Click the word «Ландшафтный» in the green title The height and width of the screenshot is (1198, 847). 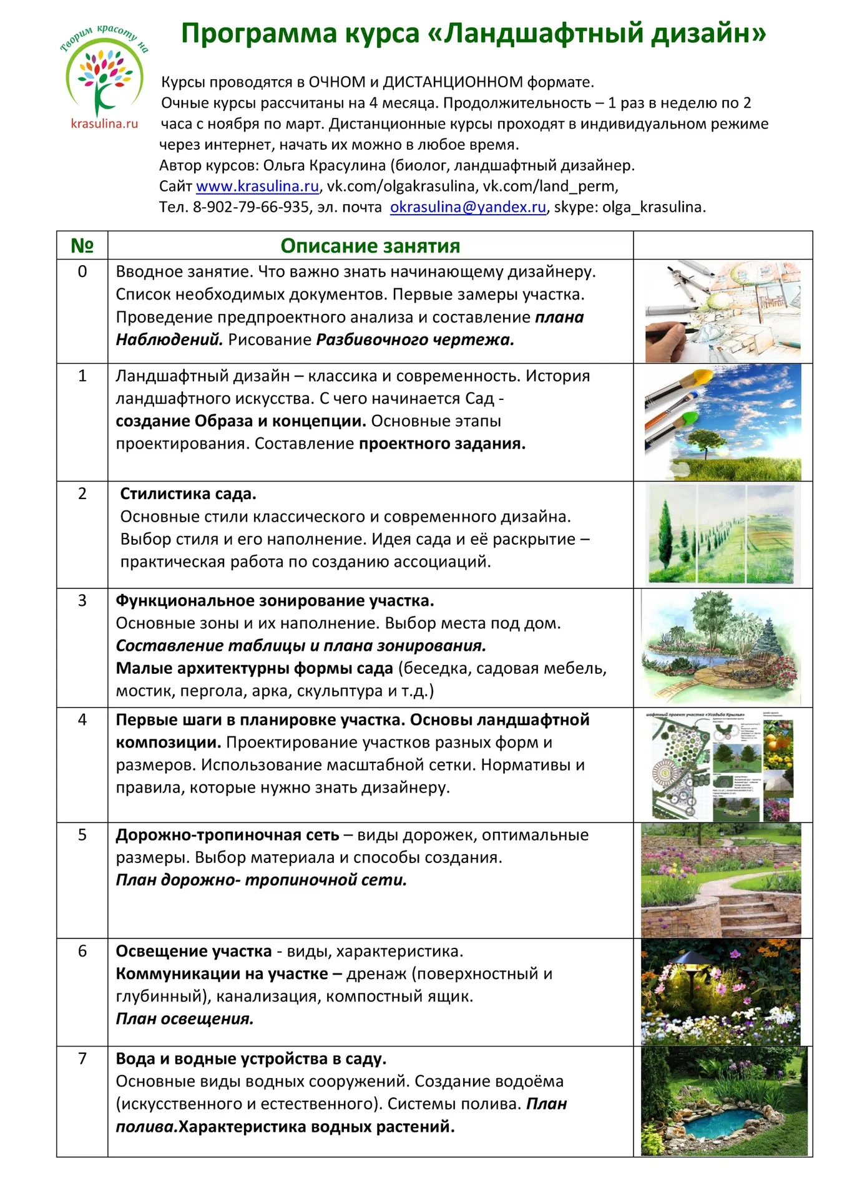tap(542, 34)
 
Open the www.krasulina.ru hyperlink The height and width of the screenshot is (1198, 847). tap(257, 186)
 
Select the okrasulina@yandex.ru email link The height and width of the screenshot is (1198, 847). tap(468, 207)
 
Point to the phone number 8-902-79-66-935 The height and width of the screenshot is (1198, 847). tap(251, 207)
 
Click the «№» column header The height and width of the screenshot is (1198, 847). tap(82, 245)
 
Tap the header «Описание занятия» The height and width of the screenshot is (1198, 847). tap(370, 246)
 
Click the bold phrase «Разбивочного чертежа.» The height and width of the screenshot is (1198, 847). tap(415, 340)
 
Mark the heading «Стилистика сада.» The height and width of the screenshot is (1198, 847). tap(188, 494)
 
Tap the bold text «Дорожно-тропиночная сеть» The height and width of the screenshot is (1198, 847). tap(227, 835)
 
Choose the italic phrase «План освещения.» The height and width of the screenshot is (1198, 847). tap(185, 1019)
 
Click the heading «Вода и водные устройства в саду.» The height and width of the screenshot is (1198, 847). tap(251, 1059)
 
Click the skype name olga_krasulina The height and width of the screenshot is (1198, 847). tap(654, 207)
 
